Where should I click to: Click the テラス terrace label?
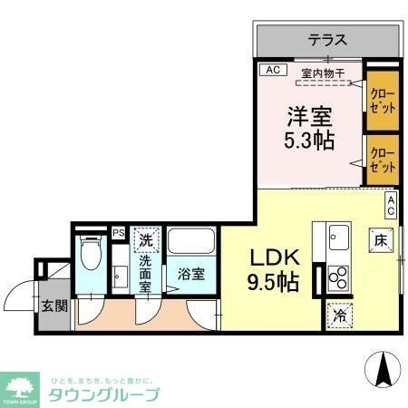pyautogui.click(x=327, y=40)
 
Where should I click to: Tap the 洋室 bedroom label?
pyautogui.click(x=310, y=117)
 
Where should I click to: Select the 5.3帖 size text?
pyautogui.click(x=311, y=141)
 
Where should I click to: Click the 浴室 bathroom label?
pyautogui.click(x=191, y=272)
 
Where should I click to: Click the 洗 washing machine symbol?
pyautogui.click(x=147, y=240)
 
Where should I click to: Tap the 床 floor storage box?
pyautogui.click(x=380, y=241)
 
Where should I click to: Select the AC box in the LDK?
pyautogui.click(x=392, y=205)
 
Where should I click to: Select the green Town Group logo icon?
pyautogui.click(x=20, y=384)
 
